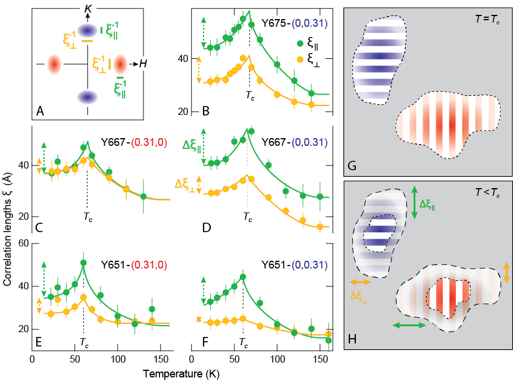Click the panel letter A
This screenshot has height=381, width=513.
(x=40, y=110)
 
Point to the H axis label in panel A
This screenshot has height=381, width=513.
(x=143, y=64)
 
